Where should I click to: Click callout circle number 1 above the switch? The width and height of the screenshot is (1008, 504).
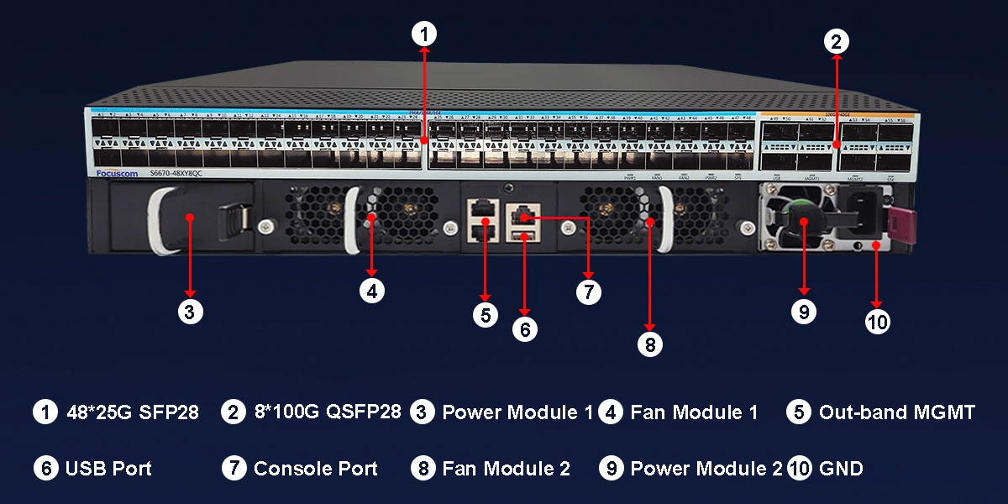424,34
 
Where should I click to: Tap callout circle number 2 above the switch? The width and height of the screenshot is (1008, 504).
836,40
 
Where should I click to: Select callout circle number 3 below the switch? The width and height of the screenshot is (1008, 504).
191,312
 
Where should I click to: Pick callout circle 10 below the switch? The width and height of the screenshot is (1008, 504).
877,321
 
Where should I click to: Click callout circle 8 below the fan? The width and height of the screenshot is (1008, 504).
649,343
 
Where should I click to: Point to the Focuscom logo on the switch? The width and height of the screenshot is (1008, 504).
114,172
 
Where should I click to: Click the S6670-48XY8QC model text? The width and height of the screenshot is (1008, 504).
176,173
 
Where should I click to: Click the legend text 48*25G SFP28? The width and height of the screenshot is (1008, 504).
133,412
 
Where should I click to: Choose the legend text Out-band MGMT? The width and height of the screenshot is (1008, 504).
896,412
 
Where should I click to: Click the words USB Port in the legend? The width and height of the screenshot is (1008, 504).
108,469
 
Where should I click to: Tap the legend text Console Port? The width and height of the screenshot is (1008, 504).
315,469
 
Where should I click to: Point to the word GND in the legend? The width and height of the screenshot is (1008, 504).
841,469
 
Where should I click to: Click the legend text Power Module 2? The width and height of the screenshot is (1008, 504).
706,469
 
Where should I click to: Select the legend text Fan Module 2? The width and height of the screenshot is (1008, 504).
506,469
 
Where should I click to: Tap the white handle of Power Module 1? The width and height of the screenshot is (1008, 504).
161,220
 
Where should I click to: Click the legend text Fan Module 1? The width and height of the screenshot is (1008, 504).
694,412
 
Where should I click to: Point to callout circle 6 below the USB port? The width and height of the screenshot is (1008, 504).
524,329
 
